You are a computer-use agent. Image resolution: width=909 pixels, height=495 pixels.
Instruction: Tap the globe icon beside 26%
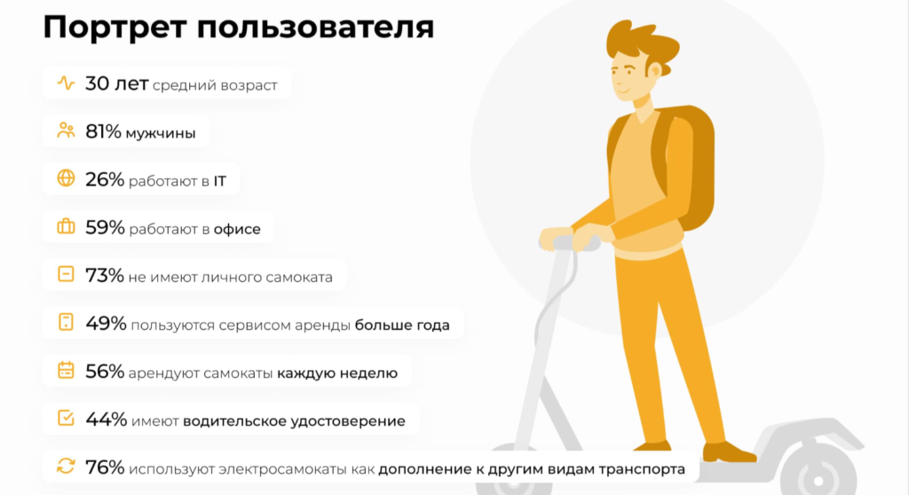[66, 180]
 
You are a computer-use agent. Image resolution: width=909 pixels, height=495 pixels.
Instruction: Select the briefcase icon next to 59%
[66, 228]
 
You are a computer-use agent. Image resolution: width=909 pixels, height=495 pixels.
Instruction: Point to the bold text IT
[219, 181]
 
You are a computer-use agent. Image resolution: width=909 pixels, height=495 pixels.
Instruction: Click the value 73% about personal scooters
[104, 276]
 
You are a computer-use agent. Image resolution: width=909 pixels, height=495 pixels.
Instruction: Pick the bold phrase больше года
[402, 325]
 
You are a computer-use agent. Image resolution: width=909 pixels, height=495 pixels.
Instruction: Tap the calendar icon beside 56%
[66, 372]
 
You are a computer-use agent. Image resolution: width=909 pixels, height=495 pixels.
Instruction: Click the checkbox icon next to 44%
[66, 419]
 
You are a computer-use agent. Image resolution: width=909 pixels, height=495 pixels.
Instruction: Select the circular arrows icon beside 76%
[66, 467]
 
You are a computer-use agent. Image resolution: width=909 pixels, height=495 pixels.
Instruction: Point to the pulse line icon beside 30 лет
[66, 84]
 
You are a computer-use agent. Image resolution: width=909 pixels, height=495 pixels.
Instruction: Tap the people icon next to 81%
[66, 132]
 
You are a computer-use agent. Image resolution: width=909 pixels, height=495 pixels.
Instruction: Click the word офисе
[237, 229]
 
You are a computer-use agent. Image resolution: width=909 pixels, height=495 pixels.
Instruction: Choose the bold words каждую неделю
[337, 373]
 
